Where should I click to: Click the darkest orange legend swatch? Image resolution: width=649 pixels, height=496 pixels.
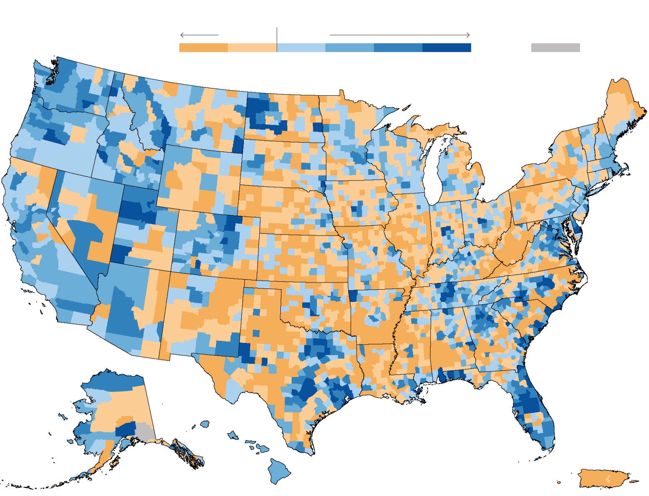pos(203,48)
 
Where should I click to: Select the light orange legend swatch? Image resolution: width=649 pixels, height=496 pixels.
pos(252,48)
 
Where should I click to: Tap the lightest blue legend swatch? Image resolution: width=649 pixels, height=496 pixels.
pos(301,48)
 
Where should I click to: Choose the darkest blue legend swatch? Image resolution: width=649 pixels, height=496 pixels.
pos(446,48)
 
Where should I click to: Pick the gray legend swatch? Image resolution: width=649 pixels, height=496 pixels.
pos(555,48)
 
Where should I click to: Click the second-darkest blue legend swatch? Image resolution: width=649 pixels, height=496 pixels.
pos(398,48)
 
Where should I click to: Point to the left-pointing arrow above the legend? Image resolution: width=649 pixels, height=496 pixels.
pos(199,35)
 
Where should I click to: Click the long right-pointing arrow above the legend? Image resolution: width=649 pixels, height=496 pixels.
pos(399,35)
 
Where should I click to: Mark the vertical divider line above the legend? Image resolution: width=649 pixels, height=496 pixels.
pos(277,35)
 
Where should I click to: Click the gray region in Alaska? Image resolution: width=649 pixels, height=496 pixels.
pos(145,432)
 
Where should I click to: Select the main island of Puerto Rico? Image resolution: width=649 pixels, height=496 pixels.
pos(603,478)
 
